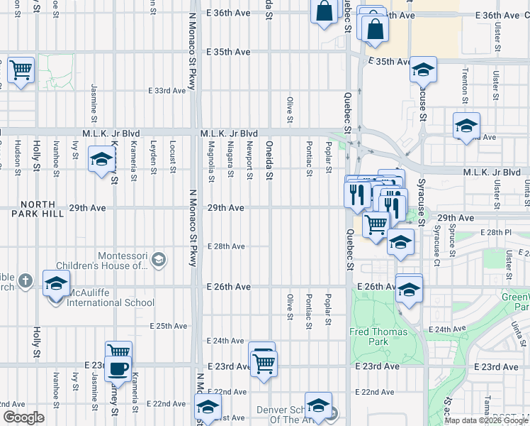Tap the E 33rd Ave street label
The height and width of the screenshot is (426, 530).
168,91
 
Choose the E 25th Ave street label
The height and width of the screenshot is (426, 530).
168,326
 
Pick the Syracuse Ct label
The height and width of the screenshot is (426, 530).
436,241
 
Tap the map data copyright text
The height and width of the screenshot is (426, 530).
486,420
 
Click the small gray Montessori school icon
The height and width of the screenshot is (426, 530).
160,260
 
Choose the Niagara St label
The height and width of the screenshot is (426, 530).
230,164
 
